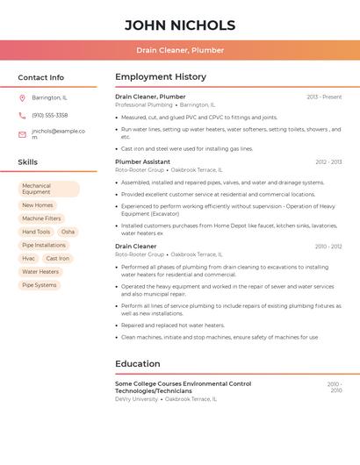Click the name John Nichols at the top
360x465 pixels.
tap(180, 25)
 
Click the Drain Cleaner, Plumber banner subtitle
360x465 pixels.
tap(180, 50)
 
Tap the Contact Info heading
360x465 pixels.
tap(41, 77)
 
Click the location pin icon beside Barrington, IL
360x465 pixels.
tap(22, 97)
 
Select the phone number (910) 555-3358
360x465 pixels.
tap(50, 115)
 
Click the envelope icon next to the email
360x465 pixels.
tap(22, 134)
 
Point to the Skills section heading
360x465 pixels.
tap(28, 162)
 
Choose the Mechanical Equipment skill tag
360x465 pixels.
tap(48, 189)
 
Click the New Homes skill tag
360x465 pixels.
tap(38, 205)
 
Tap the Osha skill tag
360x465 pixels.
tap(68, 232)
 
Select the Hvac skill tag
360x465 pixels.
tap(29, 259)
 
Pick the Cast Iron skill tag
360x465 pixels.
tap(58, 259)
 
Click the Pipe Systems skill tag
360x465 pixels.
tap(40, 285)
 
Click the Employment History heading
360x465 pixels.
tap(161, 77)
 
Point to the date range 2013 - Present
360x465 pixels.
tap(324, 97)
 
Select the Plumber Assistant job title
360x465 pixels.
tap(143, 161)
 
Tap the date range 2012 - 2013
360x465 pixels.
tap(328, 161)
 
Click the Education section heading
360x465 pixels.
tap(138, 364)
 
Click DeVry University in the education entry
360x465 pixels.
tap(137, 398)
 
